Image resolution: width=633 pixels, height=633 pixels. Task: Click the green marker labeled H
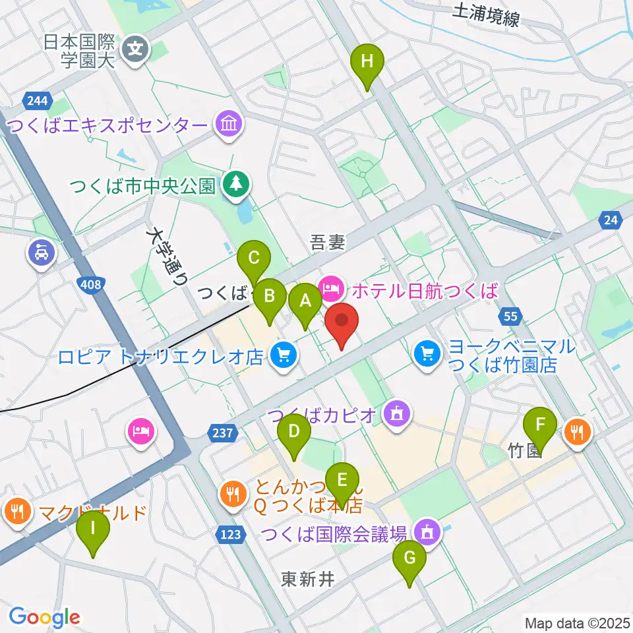[x=368, y=63]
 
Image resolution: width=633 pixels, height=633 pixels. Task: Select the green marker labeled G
[x=409, y=559]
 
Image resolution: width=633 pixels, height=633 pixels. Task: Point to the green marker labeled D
[x=293, y=432]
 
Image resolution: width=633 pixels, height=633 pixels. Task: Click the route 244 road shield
[x=38, y=100]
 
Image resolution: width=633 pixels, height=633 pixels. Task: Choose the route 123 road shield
[x=231, y=535]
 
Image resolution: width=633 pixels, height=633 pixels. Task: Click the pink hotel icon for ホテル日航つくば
[x=329, y=287]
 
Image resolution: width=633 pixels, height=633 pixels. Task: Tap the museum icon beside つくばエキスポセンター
[x=229, y=123]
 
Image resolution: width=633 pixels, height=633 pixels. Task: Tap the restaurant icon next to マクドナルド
[x=16, y=511]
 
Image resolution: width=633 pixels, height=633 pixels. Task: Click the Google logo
[x=44, y=617]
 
